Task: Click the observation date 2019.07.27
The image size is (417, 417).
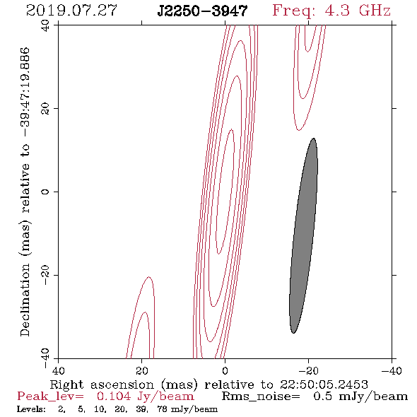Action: coord(71,11)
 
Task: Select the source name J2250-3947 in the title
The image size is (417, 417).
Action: coord(202,11)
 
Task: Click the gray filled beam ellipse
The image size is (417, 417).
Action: coord(303,235)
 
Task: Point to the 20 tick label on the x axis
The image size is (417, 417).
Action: coord(142,370)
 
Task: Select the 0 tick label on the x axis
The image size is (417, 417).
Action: coord(225,370)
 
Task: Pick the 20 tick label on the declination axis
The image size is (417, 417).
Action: coord(45,109)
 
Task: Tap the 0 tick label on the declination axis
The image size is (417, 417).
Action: coord(45,192)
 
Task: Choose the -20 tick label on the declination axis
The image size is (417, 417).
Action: coord(45,275)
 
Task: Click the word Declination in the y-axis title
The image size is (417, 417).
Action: coord(25,300)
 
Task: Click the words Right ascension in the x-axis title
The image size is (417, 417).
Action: coord(102,384)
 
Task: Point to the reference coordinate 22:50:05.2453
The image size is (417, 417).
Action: coord(324,384)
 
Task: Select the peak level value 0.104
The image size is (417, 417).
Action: coord(114,397)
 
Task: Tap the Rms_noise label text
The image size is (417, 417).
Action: coord(261,397)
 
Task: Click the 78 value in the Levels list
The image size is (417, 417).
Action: coord(163,409)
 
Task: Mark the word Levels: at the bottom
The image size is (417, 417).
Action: coord(31,409)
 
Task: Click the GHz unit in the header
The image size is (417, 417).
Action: coord(375,11)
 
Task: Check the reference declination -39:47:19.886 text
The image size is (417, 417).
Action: coord(25,93)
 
